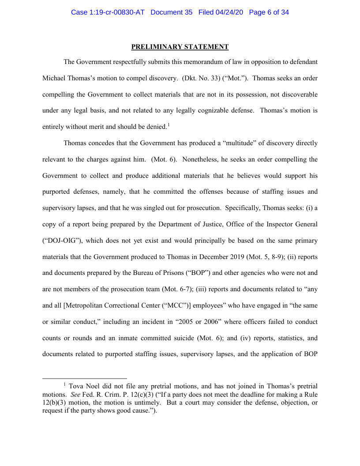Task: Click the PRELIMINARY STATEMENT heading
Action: [x=180, y=47]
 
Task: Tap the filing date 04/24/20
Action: [x=230, y=12]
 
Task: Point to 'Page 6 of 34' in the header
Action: [x=269, y=12]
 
